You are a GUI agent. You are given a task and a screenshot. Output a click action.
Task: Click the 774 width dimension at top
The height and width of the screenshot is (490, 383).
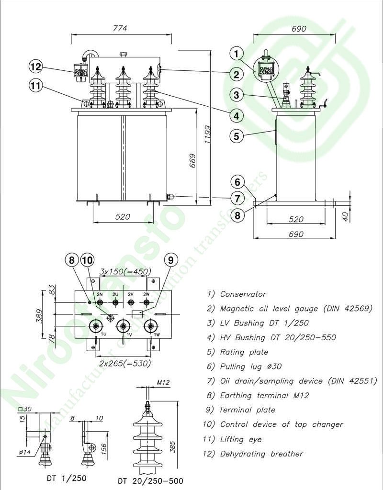click(120, 28)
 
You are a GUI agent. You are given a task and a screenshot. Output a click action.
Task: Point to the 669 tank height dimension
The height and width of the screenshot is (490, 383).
click(192, 165)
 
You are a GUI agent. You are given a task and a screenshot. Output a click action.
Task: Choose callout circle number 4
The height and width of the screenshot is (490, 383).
click(236, 115)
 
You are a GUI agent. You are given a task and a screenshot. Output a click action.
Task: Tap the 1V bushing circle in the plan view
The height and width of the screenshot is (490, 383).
click(124, 326)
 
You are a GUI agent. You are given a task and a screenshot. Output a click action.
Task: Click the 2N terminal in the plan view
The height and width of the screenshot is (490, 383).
click(100, 302)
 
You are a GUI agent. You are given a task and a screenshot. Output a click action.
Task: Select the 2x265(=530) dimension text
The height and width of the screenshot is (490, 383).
click(124, 363)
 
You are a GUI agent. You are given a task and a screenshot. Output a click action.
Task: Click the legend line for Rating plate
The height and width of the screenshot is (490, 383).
click(237, 352)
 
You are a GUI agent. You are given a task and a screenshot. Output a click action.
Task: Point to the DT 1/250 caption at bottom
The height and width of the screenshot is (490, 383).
click(67, 478)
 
